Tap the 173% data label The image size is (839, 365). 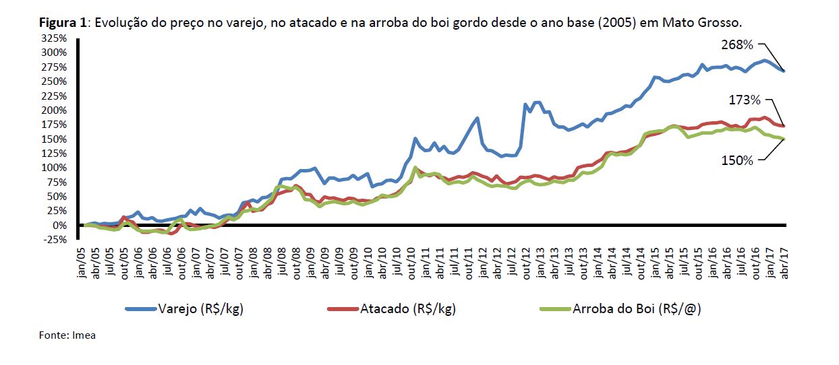[745, 100]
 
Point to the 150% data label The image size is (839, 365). [736, 160]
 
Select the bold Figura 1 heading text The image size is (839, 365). [63, 23]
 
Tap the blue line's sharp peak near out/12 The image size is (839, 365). [525, 104]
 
